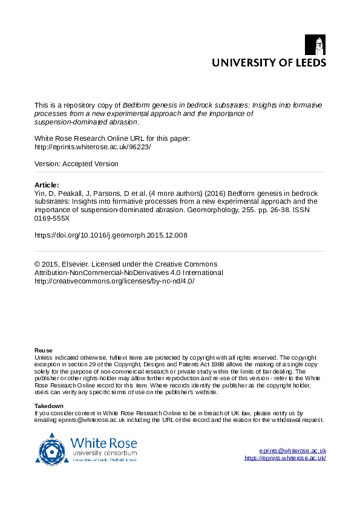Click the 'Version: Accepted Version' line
click(x=76, y=164)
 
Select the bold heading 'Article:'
click(x=47, y=185)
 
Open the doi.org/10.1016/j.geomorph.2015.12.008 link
click(x=111, y=235)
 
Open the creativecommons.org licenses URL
click(x=114, y=281)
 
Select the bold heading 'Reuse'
click(x=43, y=351)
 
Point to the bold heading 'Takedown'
click(x=48, y=406)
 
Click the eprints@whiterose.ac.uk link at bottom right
click(x=293, y=451)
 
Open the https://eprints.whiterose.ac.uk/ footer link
click(x=285, y=458)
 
